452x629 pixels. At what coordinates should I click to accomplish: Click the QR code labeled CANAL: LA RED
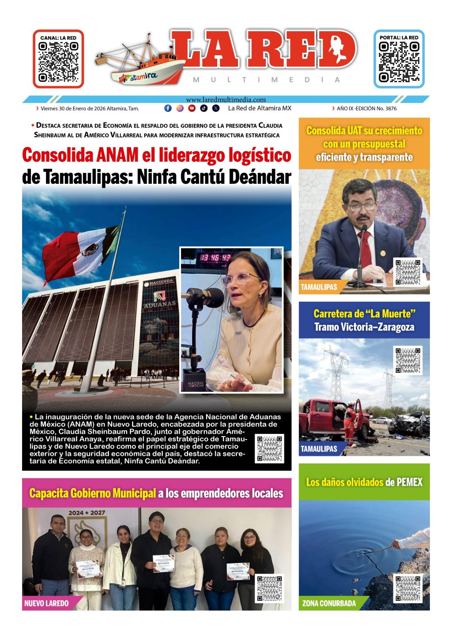(x=58, y=62)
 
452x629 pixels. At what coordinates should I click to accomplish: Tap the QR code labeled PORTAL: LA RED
(x=399, y=62)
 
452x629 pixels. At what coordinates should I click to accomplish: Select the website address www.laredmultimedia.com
(x=226, y=100)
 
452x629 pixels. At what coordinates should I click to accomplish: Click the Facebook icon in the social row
(x=168, y=108)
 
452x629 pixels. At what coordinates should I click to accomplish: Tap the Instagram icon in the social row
(x=180, y=108)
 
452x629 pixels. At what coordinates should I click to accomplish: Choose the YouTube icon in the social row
(x=192, y=108)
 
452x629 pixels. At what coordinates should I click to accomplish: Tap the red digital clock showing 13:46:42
(x=215, y=258)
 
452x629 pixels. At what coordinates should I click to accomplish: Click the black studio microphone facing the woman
(x=206, y=296)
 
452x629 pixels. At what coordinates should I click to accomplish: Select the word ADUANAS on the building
(x=159, y=304)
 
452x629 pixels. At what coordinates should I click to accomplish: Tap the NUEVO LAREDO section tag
(x=46, y=603)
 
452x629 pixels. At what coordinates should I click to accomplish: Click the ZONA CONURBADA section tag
(x=329, y=603)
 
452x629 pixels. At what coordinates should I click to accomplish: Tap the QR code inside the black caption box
(x=269, y=449)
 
